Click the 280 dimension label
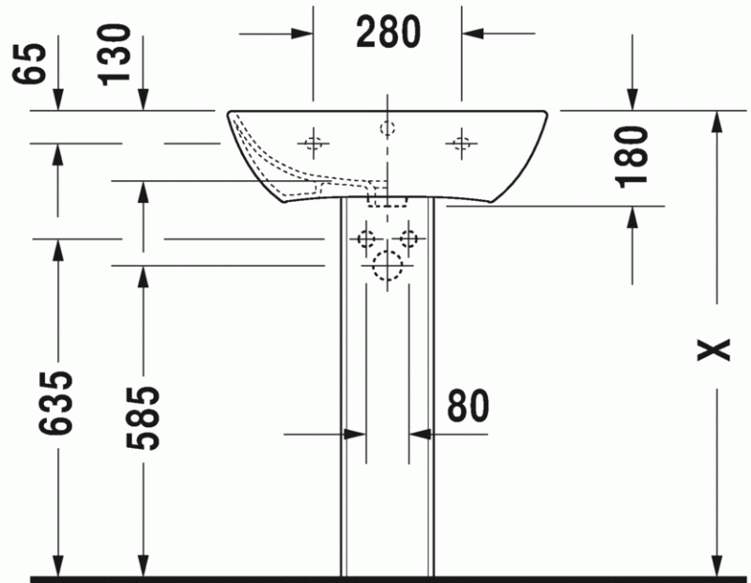pyautogui.click(x=389, y=32)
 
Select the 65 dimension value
pyautogui.click(x=29, y=64)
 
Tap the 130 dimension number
pyautogui.click(x=114, y=55)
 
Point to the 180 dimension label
pyautogui.click(x=632, y=157)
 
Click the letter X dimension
pyautogui.click(x=713, y=349)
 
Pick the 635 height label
pyautogui.click(x=56, y=403)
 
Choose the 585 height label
pyautogui.click(x=143, y=418)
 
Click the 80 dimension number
pyautogui.click(x=467, y=406)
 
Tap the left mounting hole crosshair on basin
pyautogui.click(x=314, y=143)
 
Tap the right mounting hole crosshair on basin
pyautogui.click(x=461, y=143)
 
